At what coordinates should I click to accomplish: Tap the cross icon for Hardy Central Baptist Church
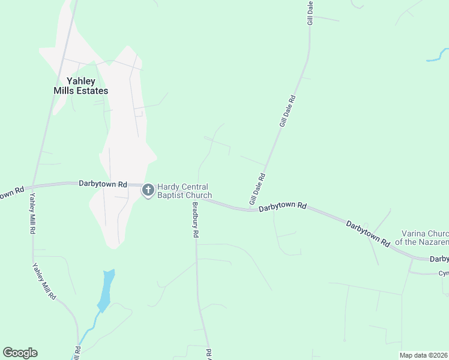(x=148, y=191)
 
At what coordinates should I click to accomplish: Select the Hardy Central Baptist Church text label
(x=184, y=191)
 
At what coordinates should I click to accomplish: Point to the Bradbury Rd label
(x=195, y=220)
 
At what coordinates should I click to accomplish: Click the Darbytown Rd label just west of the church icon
(x=103, y=184)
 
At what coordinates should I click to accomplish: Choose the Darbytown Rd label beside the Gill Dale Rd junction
(x=283, y=206)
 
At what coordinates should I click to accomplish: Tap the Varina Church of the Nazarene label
(x=425, y=238)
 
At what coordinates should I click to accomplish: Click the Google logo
(x=20, y=353)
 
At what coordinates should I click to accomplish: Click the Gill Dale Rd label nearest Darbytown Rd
(x=257, y=188)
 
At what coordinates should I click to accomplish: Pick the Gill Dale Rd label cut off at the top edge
(x=310, y=12)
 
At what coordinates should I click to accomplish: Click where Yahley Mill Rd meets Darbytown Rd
(x=33, y=185)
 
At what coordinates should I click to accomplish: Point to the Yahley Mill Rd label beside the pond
(x=44, y=281)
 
